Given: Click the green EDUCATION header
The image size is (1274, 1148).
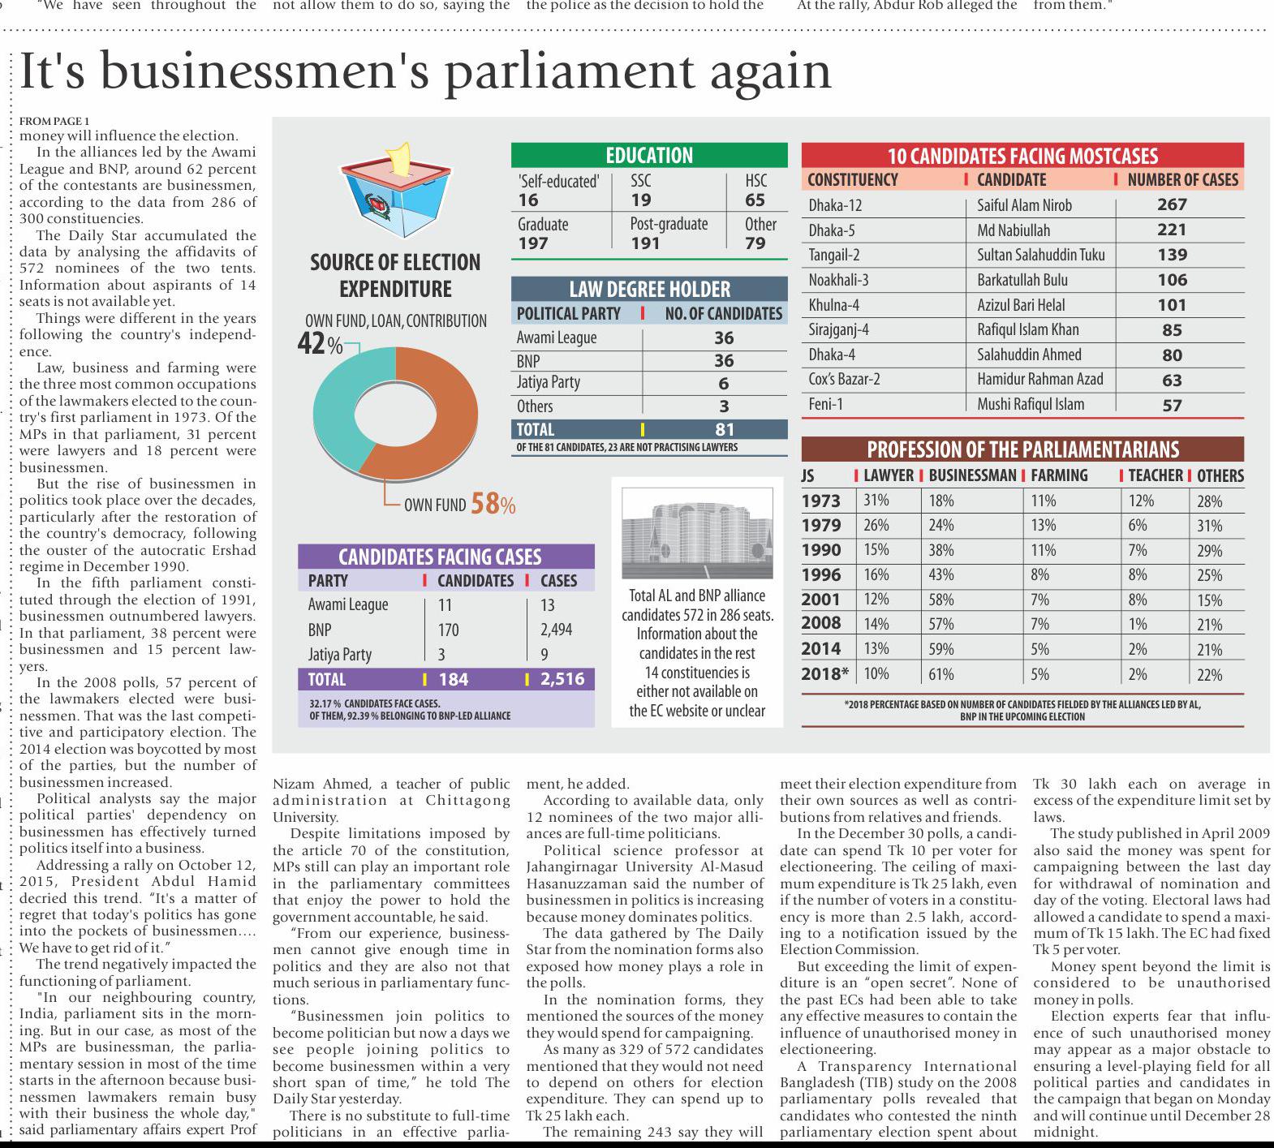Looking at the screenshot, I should pyautogui.click(x=649, y=155).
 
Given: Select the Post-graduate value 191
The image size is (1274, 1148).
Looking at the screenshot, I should pyautogui.click(x=645, y=243).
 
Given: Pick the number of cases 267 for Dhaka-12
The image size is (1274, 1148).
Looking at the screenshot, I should pyautogui.click(x=1172, y=205).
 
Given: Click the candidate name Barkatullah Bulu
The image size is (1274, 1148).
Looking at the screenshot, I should pyautogui.click(x=1022, y=281).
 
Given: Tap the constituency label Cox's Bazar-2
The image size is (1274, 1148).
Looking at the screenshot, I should pyautogui.click(x=844, y=380).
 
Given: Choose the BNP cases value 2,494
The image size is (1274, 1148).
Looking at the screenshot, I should pyautogui.click(x=556, y=630).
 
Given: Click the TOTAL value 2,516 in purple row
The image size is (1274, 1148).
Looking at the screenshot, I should pyautogui.click(x=562, y=680).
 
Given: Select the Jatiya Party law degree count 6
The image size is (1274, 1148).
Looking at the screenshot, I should pyautogui.click(x=723, y=384).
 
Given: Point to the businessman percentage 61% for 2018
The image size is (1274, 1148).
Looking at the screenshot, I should pyautogui.click(x=941, y=674).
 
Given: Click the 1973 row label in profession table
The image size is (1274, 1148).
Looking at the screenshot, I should pyautogui.click(x=820, y=501).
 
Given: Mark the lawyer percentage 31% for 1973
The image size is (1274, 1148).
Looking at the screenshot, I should pyautogui.click(x=876, y=501).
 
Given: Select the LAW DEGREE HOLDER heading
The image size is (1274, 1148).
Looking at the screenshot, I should pyautogui.click(x=649, y=289).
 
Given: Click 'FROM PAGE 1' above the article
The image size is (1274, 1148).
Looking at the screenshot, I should pyautogui.click(x=54, y=122).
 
